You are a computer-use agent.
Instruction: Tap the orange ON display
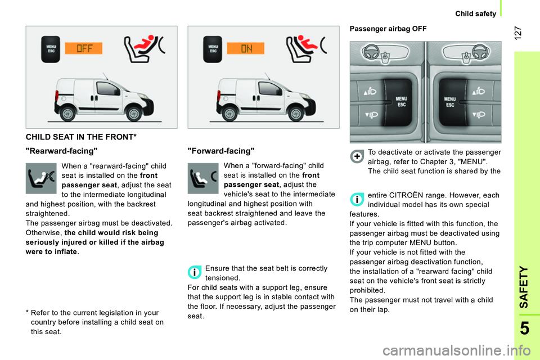pyautogui.click(x=246, y=48)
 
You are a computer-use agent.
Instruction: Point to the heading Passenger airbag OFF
pyautogui.click(x=388, y=28)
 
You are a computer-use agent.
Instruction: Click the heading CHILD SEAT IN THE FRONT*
pyautogui.click(x=82, y=137)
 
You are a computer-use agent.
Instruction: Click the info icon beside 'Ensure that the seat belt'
pyautogui.click(x=195, y=273)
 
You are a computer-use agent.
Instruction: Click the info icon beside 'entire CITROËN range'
pyautogui.click(x=357, y=200)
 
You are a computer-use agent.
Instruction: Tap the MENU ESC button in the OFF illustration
pyautogui.click(x=50, y=49)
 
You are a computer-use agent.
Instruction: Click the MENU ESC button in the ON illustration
pyautogui.click(x=213, y=49)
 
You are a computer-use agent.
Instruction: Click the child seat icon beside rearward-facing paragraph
pyautogui.click(x=41, y=178)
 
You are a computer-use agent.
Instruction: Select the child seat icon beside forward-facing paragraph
pyautogui.click(x=202, y=178)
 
